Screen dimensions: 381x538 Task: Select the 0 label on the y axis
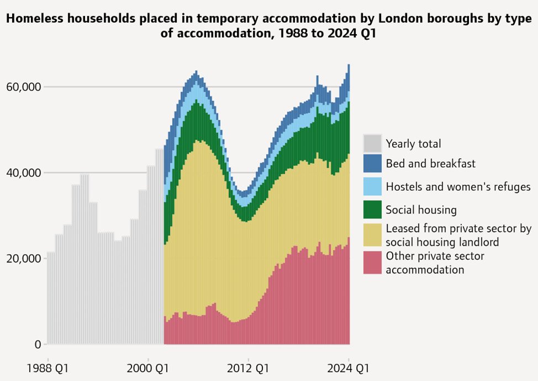38,345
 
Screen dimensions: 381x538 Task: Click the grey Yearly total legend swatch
372,143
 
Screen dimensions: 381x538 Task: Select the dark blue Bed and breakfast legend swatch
372,163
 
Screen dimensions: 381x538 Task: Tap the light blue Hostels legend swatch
372,186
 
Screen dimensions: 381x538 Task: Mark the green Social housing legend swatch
372,210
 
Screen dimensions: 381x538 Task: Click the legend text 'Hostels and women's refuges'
458,187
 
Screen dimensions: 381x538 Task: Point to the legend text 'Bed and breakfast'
430,164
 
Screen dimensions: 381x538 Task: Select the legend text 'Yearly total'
413,144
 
